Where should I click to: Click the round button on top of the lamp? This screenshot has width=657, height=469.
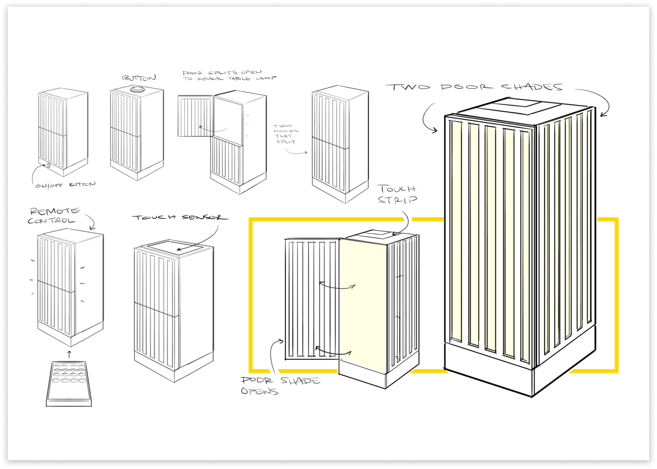[137, 89]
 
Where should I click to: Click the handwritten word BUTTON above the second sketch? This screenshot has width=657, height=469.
[139, 78]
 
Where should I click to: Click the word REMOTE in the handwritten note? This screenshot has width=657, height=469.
[55, 211]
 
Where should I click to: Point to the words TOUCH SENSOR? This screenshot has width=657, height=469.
[180, 217]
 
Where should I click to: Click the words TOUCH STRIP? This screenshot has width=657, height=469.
[397, 194]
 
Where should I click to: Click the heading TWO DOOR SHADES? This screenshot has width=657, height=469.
[474, 87]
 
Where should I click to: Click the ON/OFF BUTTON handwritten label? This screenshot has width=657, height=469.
[65, 185]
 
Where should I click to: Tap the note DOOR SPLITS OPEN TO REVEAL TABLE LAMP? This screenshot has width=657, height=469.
[228, 75]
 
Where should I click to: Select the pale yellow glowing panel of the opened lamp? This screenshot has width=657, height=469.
[363, 306]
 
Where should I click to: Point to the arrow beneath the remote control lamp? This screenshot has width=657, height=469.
[69, 354]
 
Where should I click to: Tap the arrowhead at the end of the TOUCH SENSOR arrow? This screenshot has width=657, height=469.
[179, 249]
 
